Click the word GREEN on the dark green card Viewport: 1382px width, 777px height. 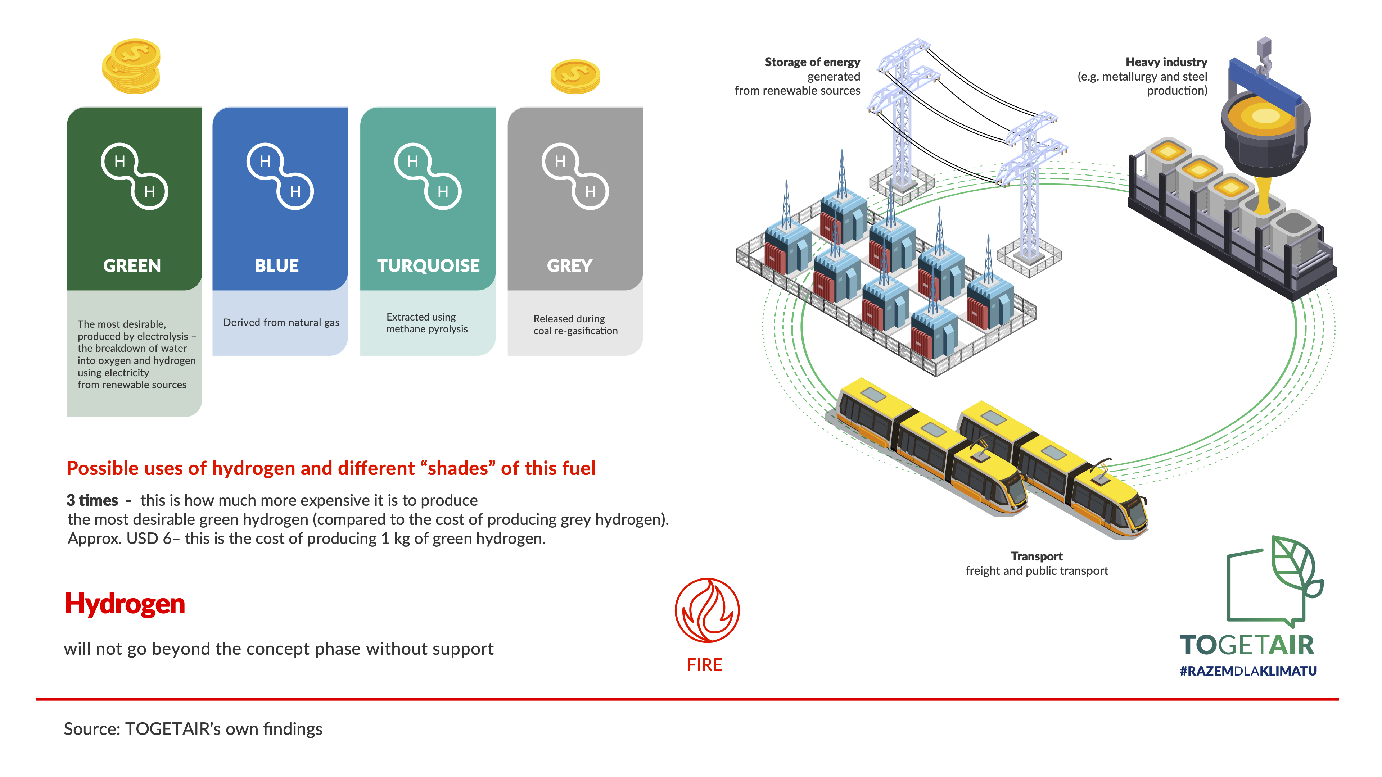132,265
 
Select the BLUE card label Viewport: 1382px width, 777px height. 277,265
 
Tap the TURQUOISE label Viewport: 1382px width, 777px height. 428,265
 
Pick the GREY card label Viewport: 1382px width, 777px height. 570,265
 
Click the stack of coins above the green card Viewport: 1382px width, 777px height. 131,67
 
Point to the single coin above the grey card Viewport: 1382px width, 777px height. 575,76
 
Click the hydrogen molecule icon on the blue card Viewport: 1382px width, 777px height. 280,176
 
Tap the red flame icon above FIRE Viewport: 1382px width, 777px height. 707,610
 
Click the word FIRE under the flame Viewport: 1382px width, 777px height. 704,665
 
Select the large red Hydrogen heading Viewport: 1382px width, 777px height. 125,604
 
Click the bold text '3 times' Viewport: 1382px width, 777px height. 92,500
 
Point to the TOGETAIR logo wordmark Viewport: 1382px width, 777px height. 1247,645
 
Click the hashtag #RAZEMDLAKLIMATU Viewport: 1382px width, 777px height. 1248,671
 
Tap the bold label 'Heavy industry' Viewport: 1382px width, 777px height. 1166,62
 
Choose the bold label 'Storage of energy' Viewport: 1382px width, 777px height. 812,62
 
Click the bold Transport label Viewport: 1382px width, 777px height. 1036,556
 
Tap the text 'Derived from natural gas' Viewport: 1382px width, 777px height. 281,322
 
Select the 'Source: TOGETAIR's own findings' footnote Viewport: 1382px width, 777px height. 193,729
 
